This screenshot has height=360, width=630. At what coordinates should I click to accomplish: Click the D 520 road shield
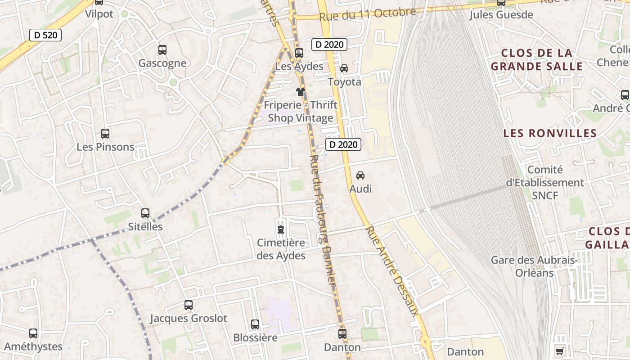[x=45, y=35]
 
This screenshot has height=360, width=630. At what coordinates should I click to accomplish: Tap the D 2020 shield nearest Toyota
[x=329, y=45]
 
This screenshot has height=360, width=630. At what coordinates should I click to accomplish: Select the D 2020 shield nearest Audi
[x=343, y=144]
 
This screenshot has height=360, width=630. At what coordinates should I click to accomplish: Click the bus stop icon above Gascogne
[x=162, y=50]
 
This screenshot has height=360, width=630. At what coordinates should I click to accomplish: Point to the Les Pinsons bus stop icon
[x=105, y=134]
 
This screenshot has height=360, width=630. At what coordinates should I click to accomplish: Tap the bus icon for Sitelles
[x=145, y=213]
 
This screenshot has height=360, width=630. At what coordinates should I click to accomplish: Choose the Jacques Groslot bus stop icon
[x=189, y=305]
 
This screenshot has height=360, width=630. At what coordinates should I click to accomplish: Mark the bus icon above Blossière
[x=255, y=324]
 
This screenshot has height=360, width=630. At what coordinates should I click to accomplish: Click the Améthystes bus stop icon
[x=33, y=333]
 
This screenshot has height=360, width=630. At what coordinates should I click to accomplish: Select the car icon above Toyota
[x=344, y=68]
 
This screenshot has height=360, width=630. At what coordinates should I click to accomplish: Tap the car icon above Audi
[x=360, y=175]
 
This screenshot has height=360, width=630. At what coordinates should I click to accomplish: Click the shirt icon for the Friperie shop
[x=300, y=92]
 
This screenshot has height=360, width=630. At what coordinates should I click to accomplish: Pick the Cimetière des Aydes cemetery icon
[x=281, y=230]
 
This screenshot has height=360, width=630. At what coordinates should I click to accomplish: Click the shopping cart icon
[x=559, y=351]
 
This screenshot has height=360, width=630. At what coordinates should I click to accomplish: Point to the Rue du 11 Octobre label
[x=367, y=14]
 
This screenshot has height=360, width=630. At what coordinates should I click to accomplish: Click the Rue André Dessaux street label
[x=392, y=271]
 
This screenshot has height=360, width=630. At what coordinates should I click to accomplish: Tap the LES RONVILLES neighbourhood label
[x=550, y=134]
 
